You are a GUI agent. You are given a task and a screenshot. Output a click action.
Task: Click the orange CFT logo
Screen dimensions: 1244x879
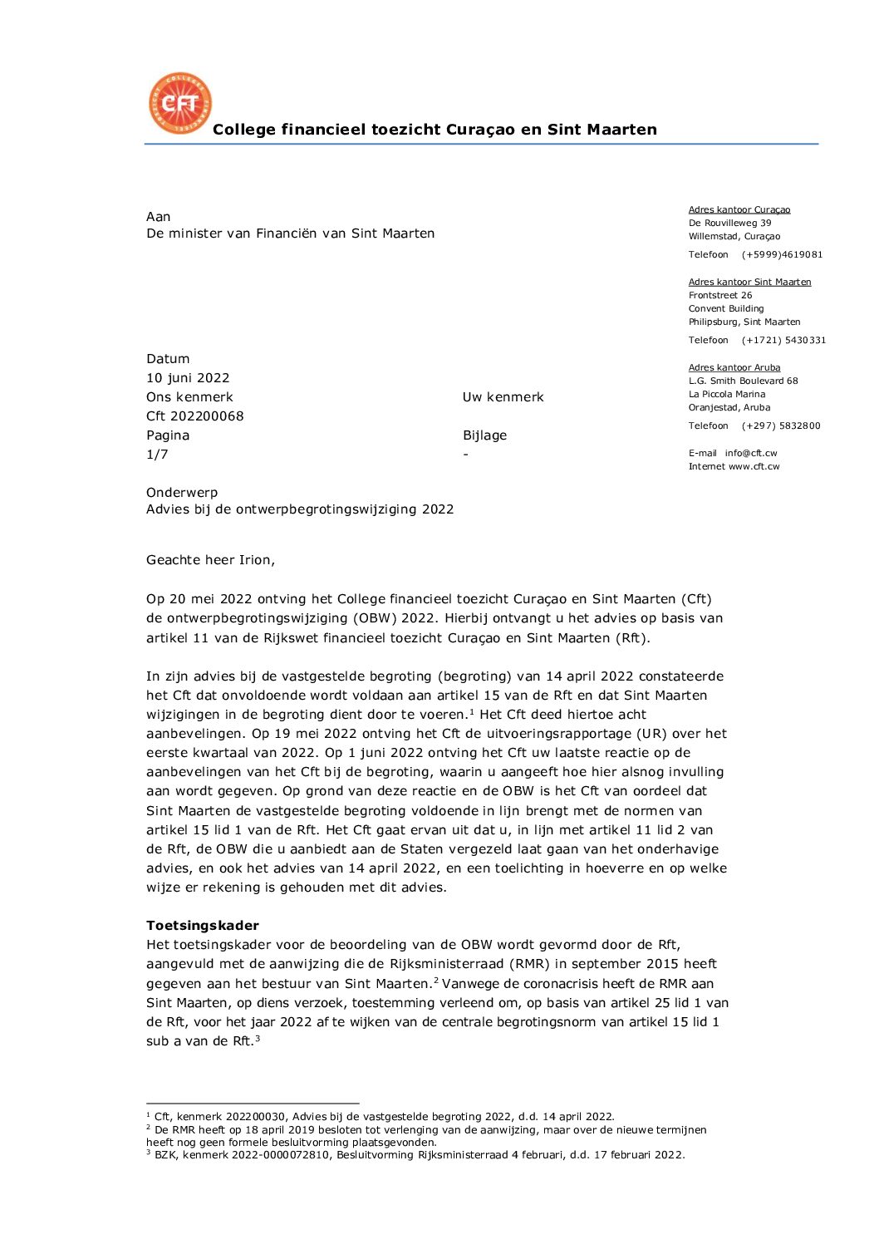[x=179, y=103]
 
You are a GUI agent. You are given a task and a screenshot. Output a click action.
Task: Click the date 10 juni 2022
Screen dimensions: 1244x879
[x=188, y=378]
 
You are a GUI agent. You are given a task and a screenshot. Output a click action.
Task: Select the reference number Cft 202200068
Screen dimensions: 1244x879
[x=195, y=416]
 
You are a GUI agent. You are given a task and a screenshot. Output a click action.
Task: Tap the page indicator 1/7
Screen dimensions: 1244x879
[x=157, y=455]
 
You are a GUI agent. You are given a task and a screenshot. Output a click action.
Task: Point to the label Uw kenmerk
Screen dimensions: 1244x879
[x=503, y=397]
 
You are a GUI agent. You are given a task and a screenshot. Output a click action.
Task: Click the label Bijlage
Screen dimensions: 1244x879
[x=484, y=435]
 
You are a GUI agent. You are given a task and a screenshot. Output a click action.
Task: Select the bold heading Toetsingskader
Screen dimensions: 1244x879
[x=203, y=926]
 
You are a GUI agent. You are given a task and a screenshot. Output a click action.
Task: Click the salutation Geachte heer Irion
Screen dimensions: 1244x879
[x=210, y=560]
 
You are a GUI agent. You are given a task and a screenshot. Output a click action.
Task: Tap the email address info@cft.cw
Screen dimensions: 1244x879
[x=750, y=454]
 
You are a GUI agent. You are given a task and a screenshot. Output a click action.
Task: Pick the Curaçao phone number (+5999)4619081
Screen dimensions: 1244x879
[x=782, y=255]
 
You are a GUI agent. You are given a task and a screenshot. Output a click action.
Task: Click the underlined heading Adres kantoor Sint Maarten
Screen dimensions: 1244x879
[x=749, y=283]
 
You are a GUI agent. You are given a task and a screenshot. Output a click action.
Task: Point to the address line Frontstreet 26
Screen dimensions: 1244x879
[x=720, y=296]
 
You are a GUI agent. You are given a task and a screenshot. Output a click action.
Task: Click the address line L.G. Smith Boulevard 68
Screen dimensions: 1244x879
[x=743, y=381]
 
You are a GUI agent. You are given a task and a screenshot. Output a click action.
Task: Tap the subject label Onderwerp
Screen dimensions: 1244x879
[x=182, y=493]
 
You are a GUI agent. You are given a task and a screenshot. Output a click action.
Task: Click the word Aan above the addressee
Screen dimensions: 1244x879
[x=158, y=217]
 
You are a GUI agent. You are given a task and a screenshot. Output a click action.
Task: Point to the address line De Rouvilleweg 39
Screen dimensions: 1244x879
[x=729, y=224]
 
